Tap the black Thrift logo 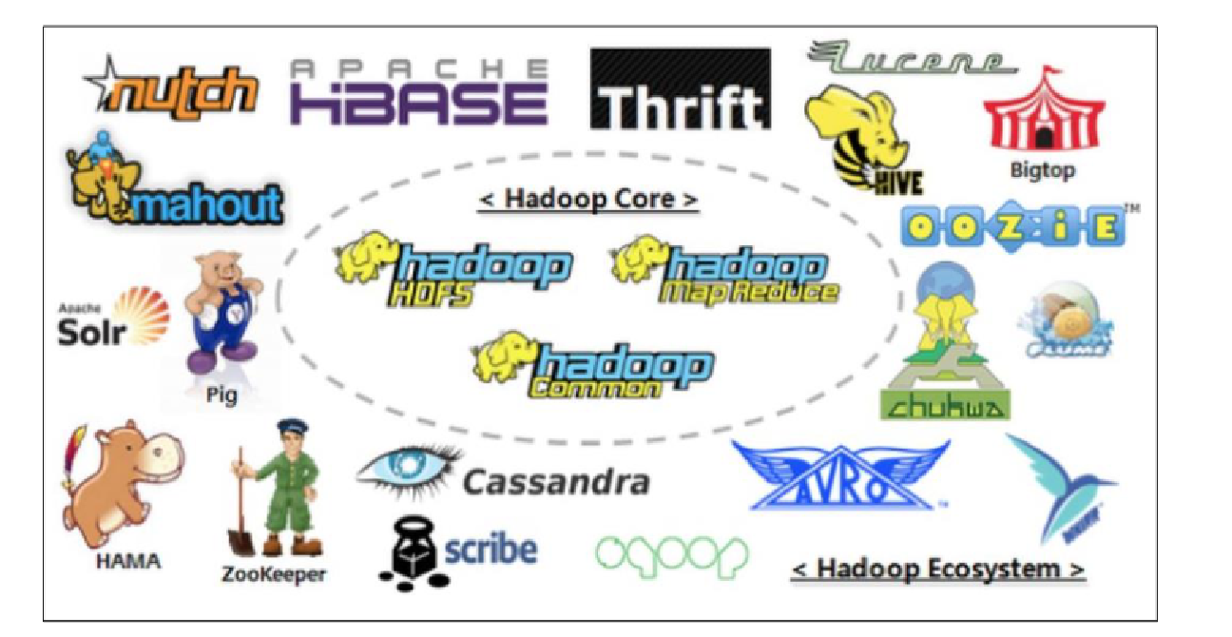[680, 90]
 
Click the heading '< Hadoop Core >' [588, 200]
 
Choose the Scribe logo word [491, 550]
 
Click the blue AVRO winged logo [840, 475]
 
